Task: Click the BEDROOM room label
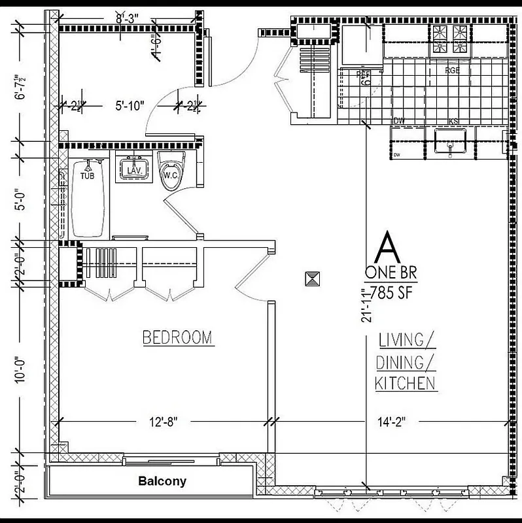[x=177, y=337]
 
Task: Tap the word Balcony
[x=162, y=482]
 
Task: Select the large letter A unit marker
[x=389, y=248]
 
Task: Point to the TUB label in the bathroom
[x=87, y=176]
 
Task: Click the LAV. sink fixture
[x=135, y=169]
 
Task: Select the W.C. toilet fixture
[x=172, y=171]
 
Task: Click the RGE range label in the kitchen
[x=452, y=70]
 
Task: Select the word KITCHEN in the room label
[x=406, y=383]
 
